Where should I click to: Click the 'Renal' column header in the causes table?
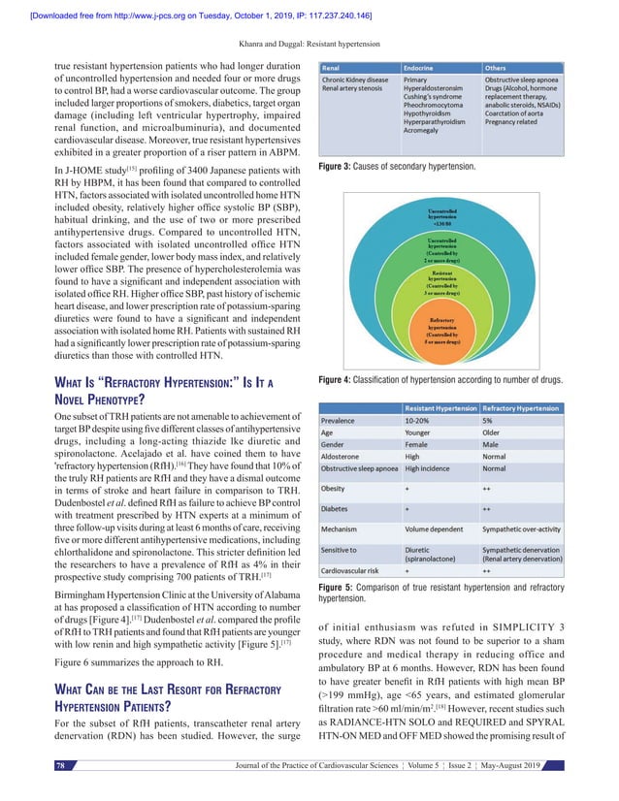pos(335,68)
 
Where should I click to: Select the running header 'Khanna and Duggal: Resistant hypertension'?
pos(309,44)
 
